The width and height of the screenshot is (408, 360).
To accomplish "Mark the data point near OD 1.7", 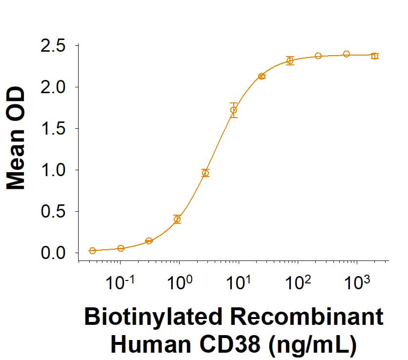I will click(x=234, y=110).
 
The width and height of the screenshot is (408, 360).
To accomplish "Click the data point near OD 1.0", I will click(x=205, y=173).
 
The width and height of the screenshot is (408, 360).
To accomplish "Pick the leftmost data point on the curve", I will click(x=92, y=251).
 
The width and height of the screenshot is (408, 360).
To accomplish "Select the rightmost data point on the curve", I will click(x=374, y=56).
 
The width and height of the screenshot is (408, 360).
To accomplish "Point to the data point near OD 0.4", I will click(x=177, y=220).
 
